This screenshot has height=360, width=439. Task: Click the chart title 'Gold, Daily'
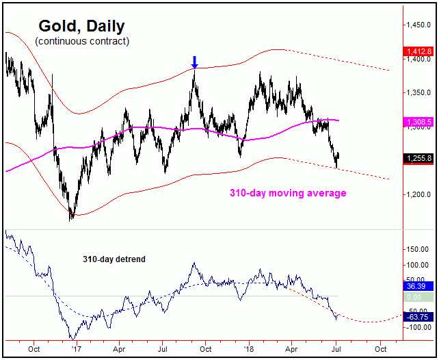coord(81,27)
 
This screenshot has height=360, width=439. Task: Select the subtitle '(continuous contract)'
coord(82,41)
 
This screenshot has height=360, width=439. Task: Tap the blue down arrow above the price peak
coord(194,64)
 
